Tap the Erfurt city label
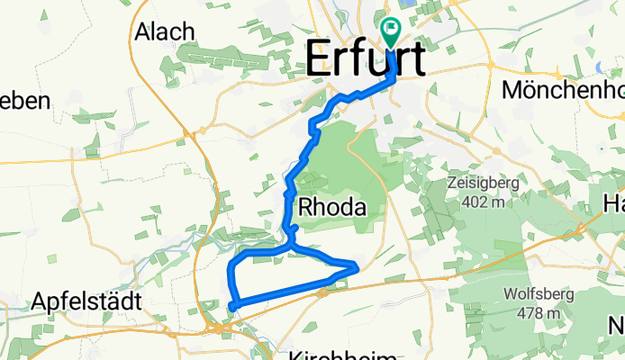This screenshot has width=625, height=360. pos(366,59)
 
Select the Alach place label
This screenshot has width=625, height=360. pos(165,31)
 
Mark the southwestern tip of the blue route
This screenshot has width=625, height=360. pos(231,308)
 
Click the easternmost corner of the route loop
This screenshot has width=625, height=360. pos(358,265)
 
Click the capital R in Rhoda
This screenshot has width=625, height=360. pos(306,208)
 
